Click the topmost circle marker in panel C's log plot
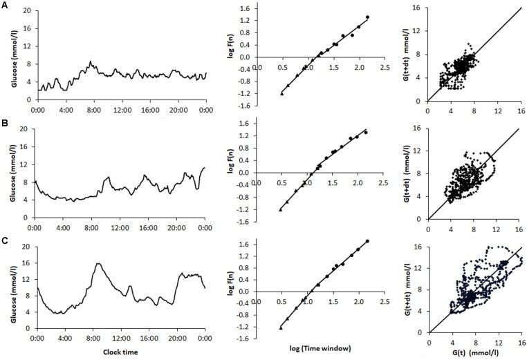click(x=367, y=241)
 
